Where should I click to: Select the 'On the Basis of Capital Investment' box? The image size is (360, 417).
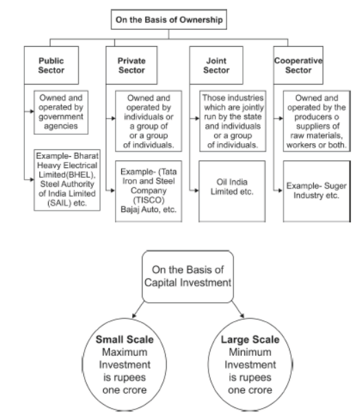(181, 275)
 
